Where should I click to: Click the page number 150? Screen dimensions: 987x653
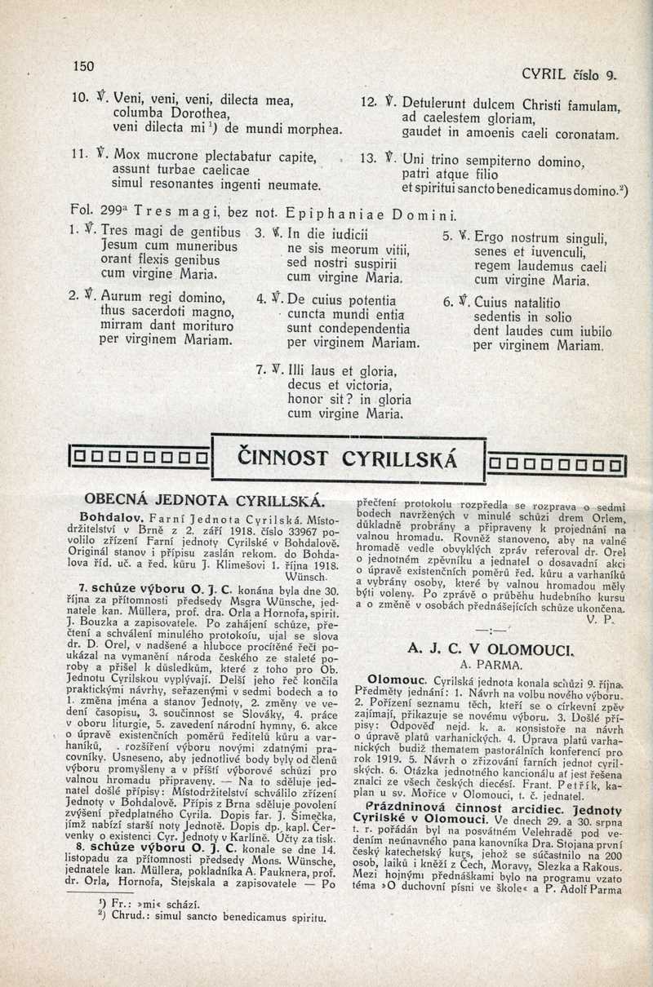[84, 66]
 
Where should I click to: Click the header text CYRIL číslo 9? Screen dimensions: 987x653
[568, 75]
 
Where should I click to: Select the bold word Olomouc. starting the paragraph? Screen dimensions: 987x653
[398, 679]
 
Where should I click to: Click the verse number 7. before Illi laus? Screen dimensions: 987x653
[261, 369]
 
